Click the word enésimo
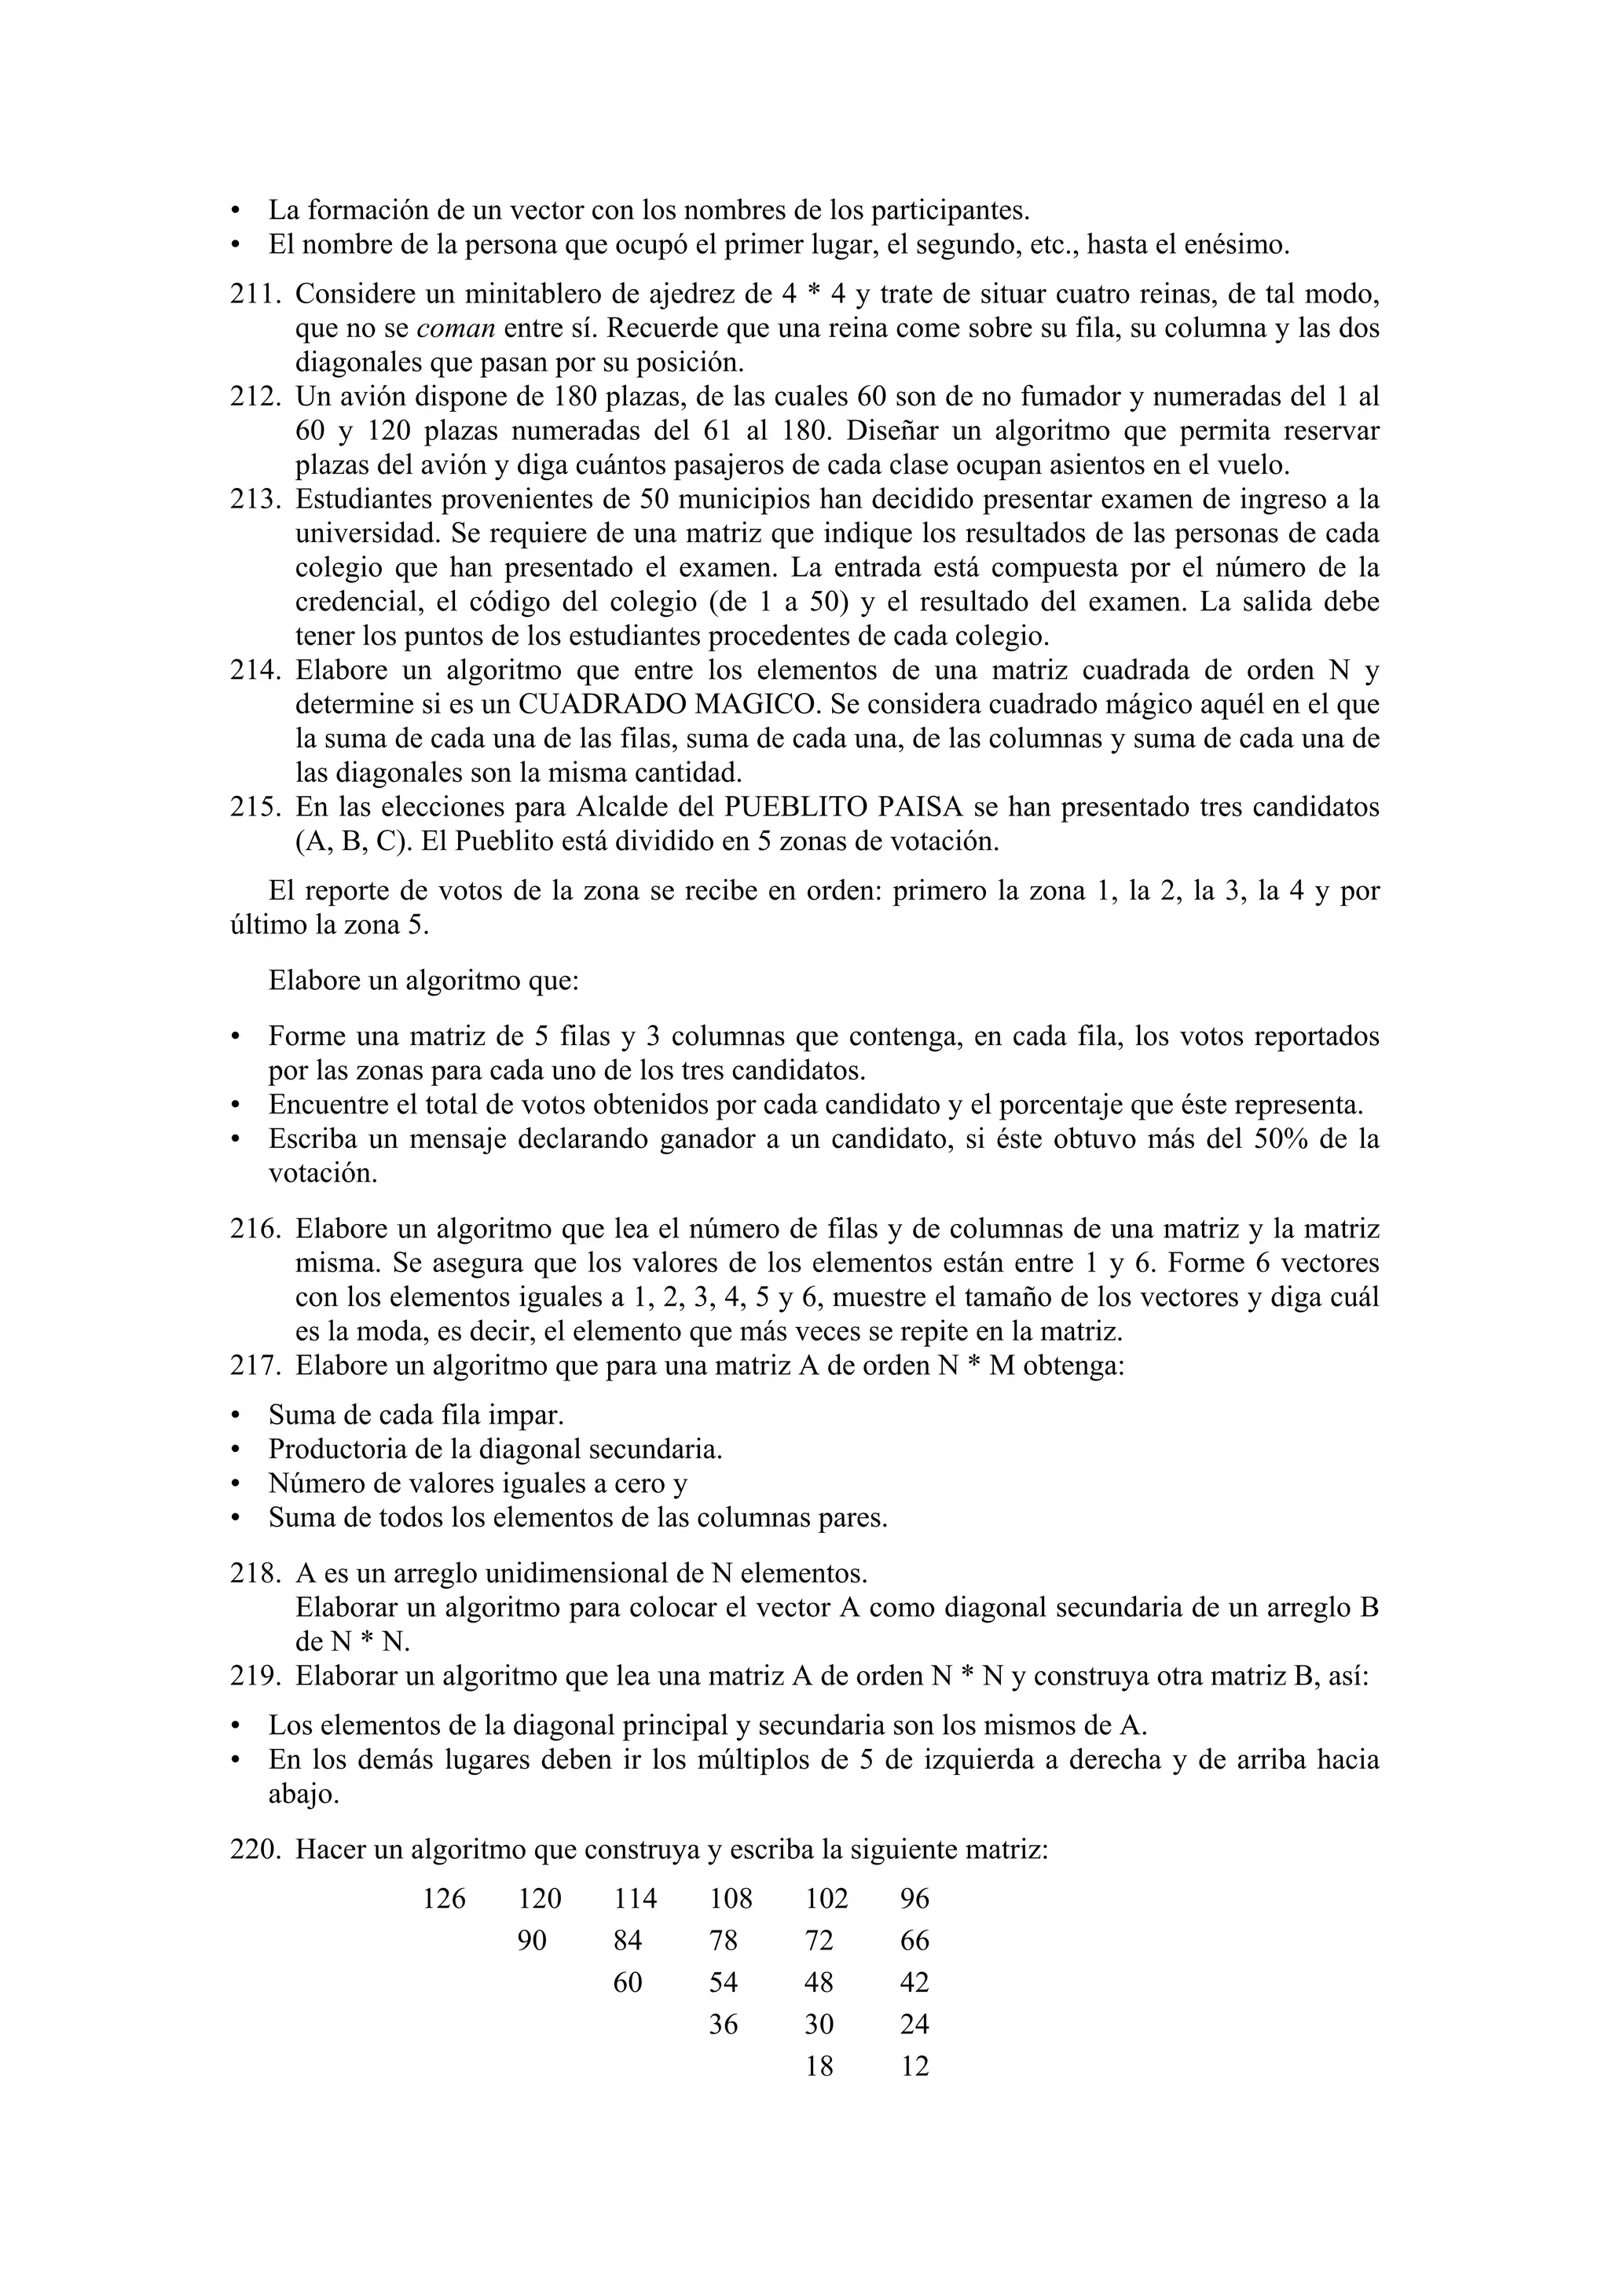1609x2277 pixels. [x=1241, y=244]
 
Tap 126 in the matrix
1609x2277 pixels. [x=444, y=1898]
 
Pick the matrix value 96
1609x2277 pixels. [x=914, y=1898]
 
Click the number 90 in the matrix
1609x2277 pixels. [x=533, y=1940]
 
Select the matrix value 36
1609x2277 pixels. [x=724, y=2024]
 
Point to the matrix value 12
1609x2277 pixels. [x=914, y=2066]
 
